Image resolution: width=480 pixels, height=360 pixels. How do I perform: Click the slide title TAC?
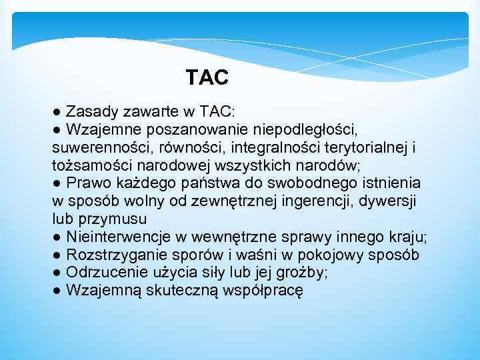[x=207, y=78]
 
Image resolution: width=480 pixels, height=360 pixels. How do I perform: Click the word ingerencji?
[x=309, y=200]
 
